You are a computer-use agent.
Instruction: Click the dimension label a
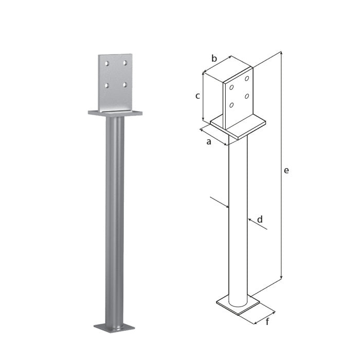point(209,141)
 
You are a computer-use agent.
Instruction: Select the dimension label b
point(214,58)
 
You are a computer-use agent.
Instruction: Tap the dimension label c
point(197,96)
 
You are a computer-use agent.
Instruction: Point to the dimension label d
point(260,220)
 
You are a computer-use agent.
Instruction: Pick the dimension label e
point(286,170)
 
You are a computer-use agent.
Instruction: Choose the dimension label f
point(267,321)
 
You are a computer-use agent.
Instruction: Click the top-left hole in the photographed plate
point(107,63)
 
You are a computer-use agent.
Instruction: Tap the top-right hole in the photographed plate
point(125,63)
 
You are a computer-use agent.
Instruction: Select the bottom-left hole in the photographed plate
point(107,85)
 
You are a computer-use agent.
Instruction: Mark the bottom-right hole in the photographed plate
point(125,85)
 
